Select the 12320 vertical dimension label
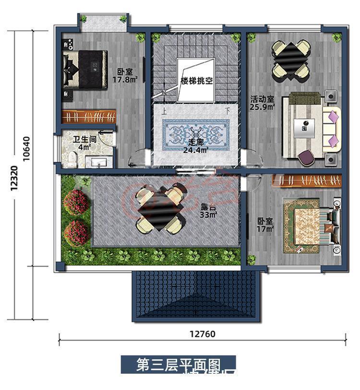[x=14, y=179]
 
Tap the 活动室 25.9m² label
[x=262, y=104]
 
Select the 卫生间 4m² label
[x=84, y=144]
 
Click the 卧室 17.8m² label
[x=125, y=75]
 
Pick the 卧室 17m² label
[x=265, y=225]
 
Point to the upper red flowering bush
[x=76, y=202]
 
